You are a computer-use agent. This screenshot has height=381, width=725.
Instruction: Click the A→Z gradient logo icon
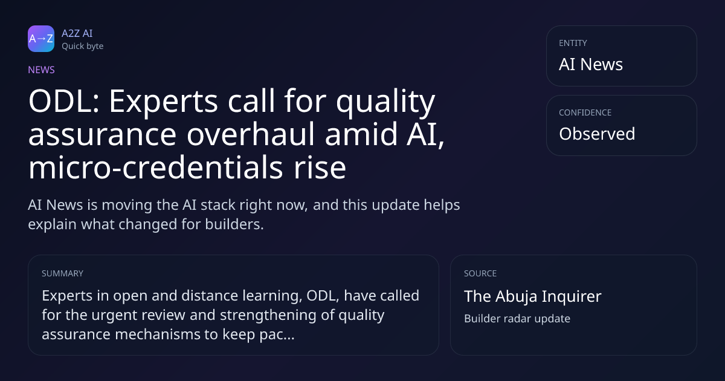[x=41, y=39]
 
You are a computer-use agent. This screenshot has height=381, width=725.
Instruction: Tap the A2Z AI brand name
[x=77, y=33]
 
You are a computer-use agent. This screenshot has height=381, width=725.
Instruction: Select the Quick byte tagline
[x=83, y=47]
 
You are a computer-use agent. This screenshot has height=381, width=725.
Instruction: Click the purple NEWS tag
[x=42, y=70]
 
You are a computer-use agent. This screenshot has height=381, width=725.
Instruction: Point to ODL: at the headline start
[x=64, y=101]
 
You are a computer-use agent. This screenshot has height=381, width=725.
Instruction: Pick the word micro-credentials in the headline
[x=156, y=168]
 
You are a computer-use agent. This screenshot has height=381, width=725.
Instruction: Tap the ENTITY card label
[x=573, y=43]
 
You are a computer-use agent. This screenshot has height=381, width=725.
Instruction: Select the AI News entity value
[x=591, y=64]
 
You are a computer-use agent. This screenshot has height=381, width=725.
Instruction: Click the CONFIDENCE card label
[x=585, y=112]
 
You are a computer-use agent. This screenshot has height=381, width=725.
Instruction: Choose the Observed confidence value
[x=597, y=134]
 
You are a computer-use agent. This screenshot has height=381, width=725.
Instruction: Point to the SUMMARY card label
[x=62, y=273]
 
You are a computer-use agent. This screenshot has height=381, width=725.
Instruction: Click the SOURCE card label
[x=480, y=273]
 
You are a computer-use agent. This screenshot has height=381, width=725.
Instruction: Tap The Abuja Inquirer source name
[x=533, y=296]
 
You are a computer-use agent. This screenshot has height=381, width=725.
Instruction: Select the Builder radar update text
[x=517, y=319]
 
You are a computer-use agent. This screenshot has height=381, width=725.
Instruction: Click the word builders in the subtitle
[x=234, y=224]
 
